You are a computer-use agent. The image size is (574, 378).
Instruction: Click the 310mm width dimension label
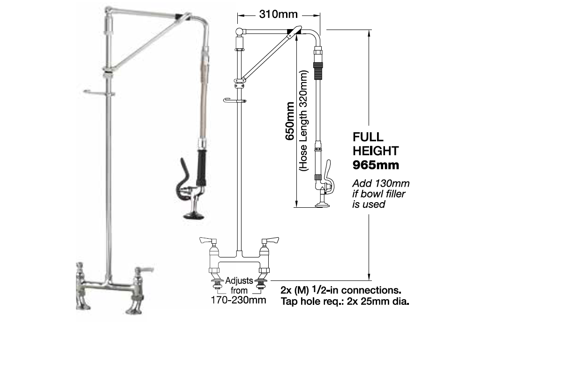278,15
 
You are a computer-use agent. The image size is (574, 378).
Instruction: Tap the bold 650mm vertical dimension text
290,121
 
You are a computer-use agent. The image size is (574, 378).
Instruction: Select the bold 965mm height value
376,165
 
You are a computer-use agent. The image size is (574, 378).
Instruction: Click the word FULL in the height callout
368,137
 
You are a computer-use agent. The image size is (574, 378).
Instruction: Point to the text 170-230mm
238,300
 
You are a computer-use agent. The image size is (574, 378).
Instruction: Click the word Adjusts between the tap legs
239,280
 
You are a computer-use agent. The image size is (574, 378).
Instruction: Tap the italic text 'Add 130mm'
381,183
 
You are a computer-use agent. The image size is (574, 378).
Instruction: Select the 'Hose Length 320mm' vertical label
303,121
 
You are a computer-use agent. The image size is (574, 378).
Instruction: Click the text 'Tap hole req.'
312,302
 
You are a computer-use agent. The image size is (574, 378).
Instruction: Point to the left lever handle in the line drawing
208,241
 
